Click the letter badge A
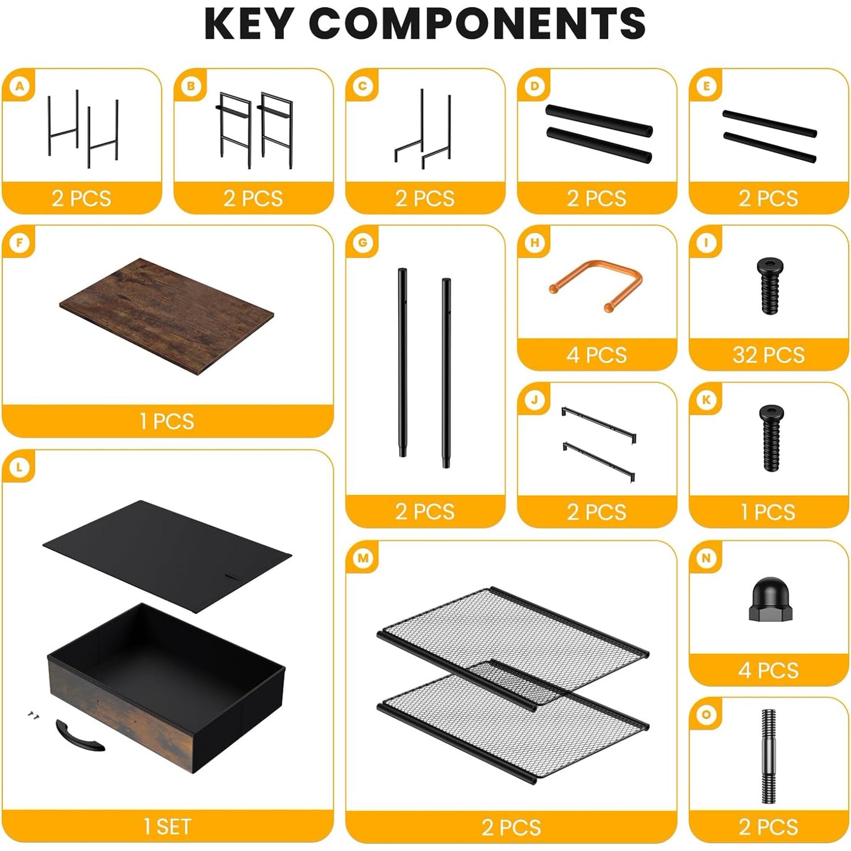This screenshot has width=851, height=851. pyautogui.click(x=19, y=86)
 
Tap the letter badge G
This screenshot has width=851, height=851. pyautogui.click(x=363, y=243)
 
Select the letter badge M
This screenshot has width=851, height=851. pyautogui.click(x=363, y=558)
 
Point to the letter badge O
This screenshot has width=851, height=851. pyautogui.click(x=706, y=714)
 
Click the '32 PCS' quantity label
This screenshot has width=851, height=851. pyautogui.click(x=769, y=355)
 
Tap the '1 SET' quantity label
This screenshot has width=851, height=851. pyautogui.click(x=167, y=827)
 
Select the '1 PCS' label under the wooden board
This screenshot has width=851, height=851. pyautogui.click(x=167, y=421)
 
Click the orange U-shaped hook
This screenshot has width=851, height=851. pyautogui.click(x=595, y=285)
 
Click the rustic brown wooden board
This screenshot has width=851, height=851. pyautogui.click(x=167, y=316)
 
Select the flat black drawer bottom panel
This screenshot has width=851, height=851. pyautogui.click(x=167, y=555)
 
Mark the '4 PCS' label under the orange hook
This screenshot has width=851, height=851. pyautogui.click(x=597, y=355)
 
